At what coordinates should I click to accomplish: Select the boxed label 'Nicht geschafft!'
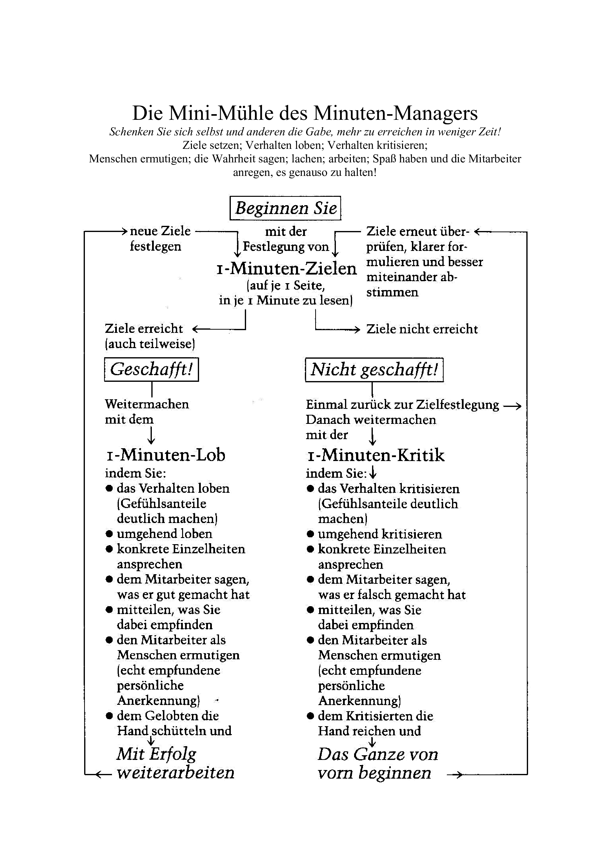coord(374,370)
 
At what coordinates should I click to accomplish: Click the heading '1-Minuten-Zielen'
coord(286,268)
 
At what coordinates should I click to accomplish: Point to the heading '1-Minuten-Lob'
coord(165,455)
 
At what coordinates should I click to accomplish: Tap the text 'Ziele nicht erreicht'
coord(422,329)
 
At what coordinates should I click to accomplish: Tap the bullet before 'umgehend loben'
coord(109,534)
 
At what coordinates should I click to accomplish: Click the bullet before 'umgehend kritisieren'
coord(311,534)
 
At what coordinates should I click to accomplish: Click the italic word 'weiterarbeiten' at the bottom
coord(175,772)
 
